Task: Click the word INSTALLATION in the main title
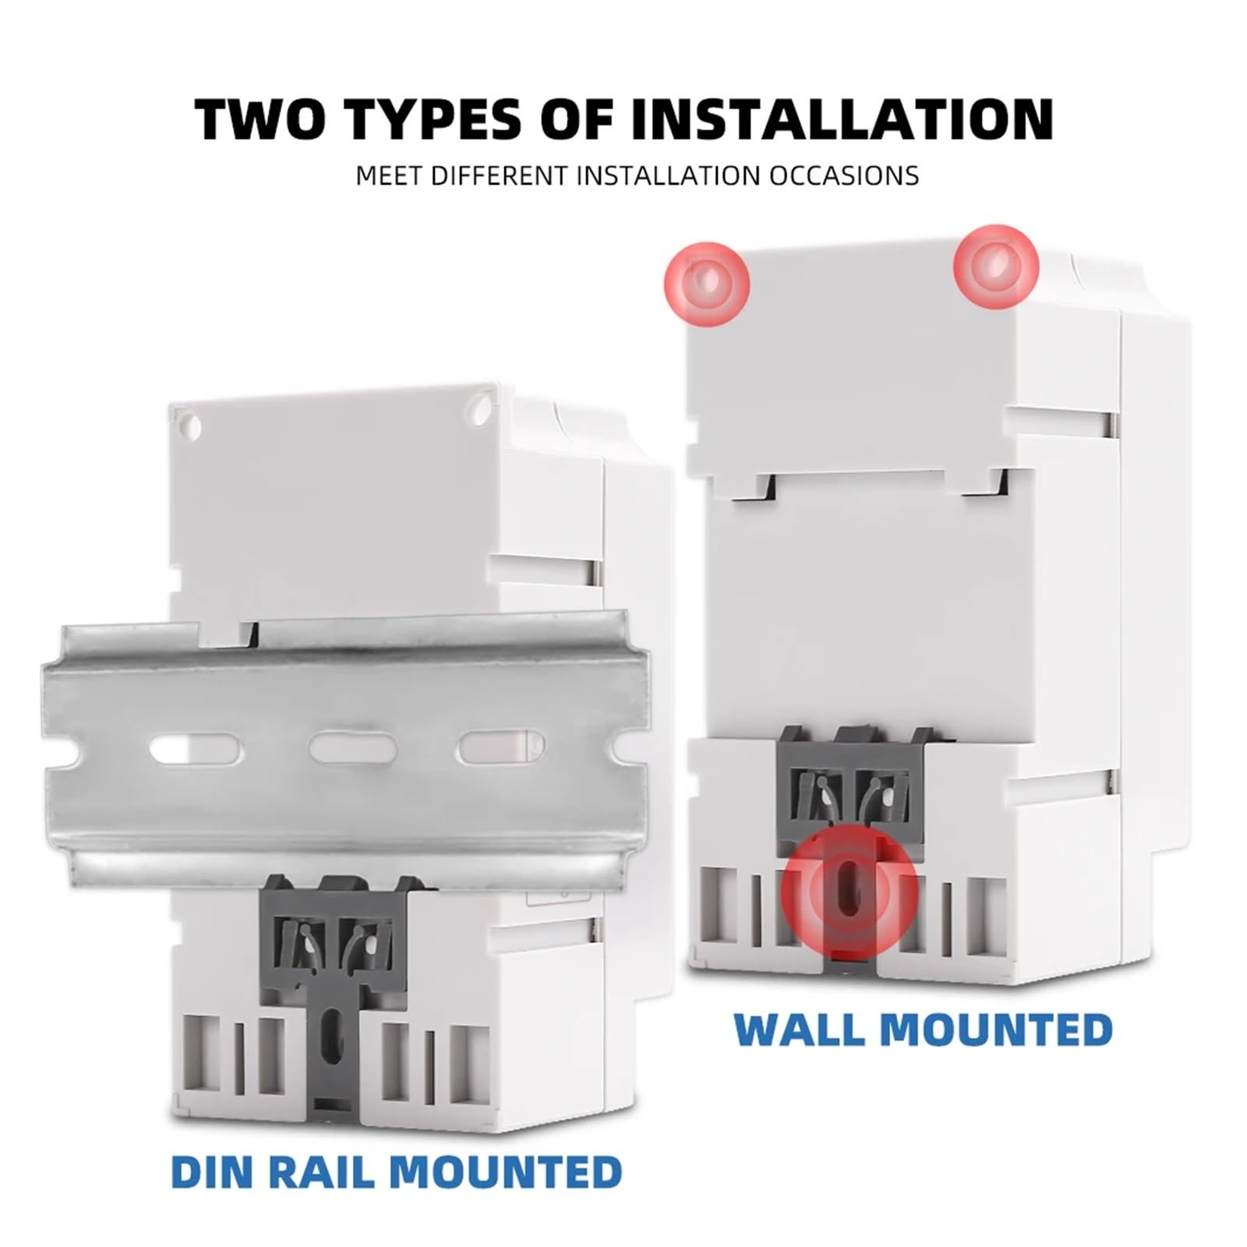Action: (x=842, y=119)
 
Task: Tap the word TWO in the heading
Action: (x=257, y=119)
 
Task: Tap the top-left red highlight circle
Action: (x=707, y=282)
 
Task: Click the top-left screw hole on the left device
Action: (x=193, y=427)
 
